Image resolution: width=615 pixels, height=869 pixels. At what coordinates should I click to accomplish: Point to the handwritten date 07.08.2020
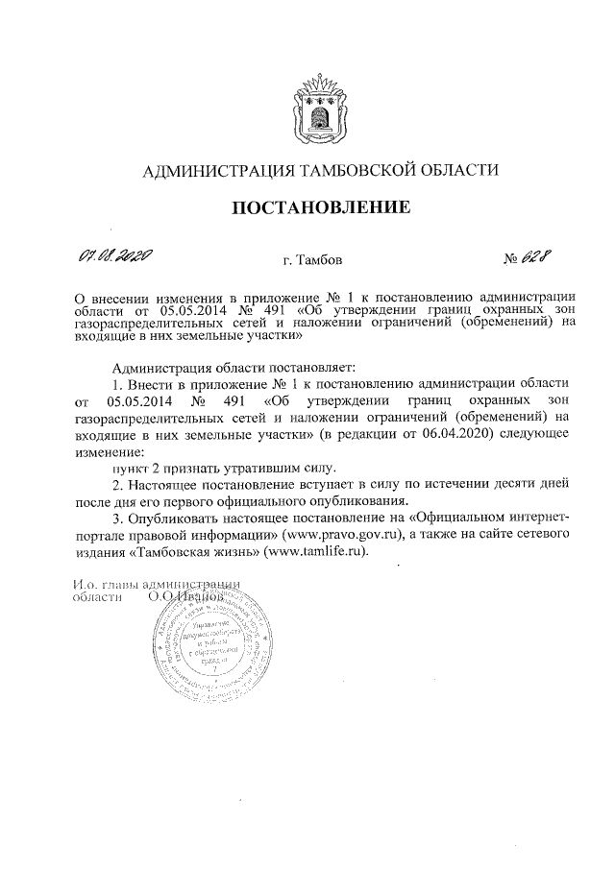(110, 256)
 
